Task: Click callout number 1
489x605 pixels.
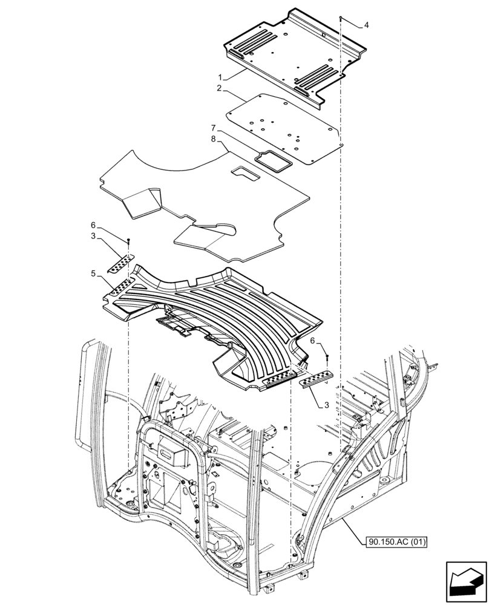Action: (x=221, y=77)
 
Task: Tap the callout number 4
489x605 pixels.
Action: (x=366, y=25)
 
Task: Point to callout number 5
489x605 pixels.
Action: (x=94, y=273)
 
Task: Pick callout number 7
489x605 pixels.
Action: (x=213, y=128)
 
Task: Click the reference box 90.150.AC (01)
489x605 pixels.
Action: (x=396, y=542)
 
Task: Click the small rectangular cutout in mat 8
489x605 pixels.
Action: (x=246, y=174)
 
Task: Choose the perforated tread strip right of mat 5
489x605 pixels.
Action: (x=317, y=379)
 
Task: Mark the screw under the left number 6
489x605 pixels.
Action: (x=128, y=242)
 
